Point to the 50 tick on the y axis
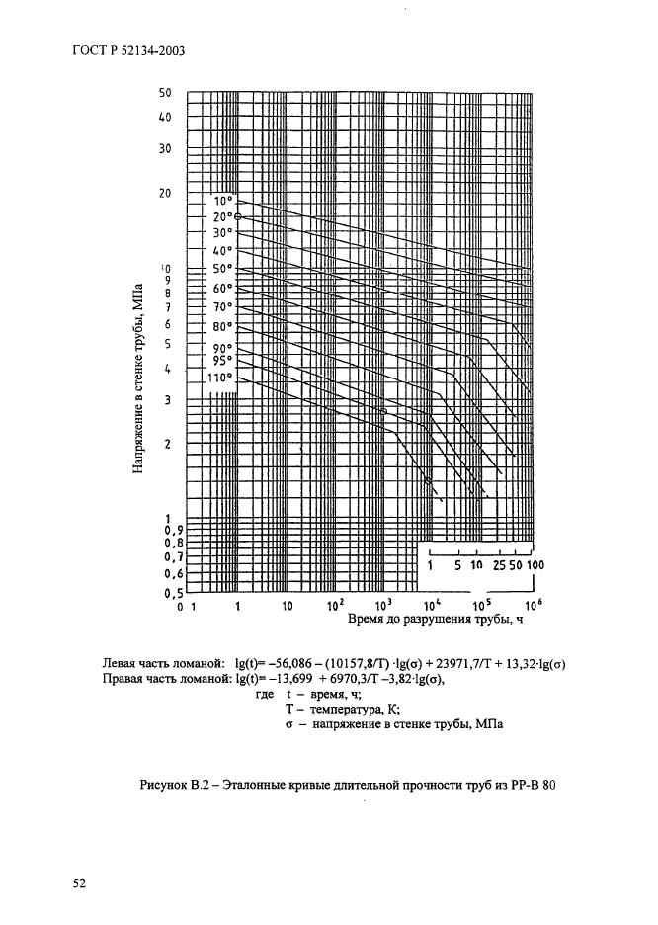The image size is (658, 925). (x=165, y=93)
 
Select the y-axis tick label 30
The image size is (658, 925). (x=165, y=148)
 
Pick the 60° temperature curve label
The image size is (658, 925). (x=221, y=288)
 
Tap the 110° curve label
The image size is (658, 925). (x=218, y=377)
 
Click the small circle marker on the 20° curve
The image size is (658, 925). (x=238, y=217)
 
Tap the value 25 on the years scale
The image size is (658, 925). (x=498, y=565)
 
